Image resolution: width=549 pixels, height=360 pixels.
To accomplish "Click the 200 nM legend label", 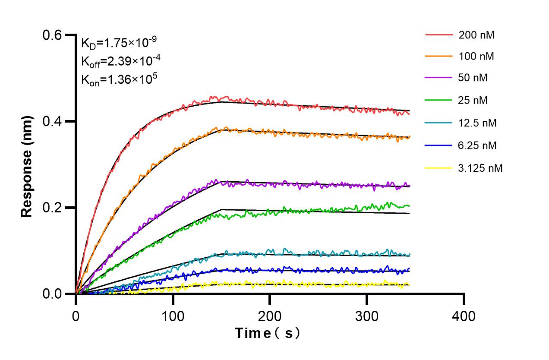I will pyautogui.click(x=476, y=35).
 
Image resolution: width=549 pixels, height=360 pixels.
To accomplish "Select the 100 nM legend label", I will pyautogui.click(x=476, y=56).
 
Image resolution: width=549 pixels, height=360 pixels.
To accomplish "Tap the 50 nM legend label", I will pyautogui.click(x=473, y=78).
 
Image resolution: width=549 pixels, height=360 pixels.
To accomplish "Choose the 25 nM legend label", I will pyautogui.click(x=473, y=101).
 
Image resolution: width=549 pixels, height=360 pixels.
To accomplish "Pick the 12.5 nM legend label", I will pyautogui.click(x=478, y=123).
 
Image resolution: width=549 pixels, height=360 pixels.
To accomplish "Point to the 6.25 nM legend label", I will pyautogui.click(x=478, y=145).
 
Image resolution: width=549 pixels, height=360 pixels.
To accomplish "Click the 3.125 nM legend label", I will pyautogui.click(x=480, y=168).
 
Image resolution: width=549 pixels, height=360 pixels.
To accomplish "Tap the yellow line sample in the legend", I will pyautogui.click(x=439, y=168).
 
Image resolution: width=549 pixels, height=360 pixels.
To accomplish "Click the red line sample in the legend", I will pyautogui.click(x=439, y=34).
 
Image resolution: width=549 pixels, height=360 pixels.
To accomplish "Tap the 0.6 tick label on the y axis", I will pyautogui.click(x=52, y=35).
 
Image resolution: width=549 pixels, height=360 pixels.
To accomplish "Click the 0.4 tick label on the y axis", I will pyautogui.click(x=52, y=121).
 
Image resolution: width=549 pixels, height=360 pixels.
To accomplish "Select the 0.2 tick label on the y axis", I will pyautogui.click(x=52, y=208).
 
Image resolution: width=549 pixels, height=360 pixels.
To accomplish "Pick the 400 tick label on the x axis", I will pyautogui.click(x=464, y=316).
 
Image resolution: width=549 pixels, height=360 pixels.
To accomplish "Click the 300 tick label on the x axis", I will pyautogui.click(x=367, y=316).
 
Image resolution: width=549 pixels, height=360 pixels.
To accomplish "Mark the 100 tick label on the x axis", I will pyautogui.click(x=173, y=316).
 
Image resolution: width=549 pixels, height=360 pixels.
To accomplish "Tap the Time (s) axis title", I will pyautogui.click(x=267, y=333).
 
